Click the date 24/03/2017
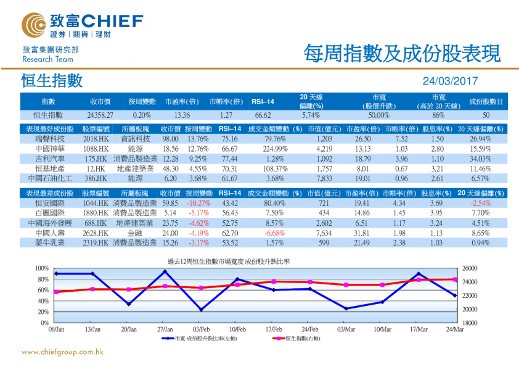click(450, 81)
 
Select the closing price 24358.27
click(100, 115)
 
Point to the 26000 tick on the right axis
click(470, 269)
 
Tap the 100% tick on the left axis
click(41, 269)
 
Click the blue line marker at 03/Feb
click(201, 310)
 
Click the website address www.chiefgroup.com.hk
click(62, 352)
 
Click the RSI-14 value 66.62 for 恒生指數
click(263, 115)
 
